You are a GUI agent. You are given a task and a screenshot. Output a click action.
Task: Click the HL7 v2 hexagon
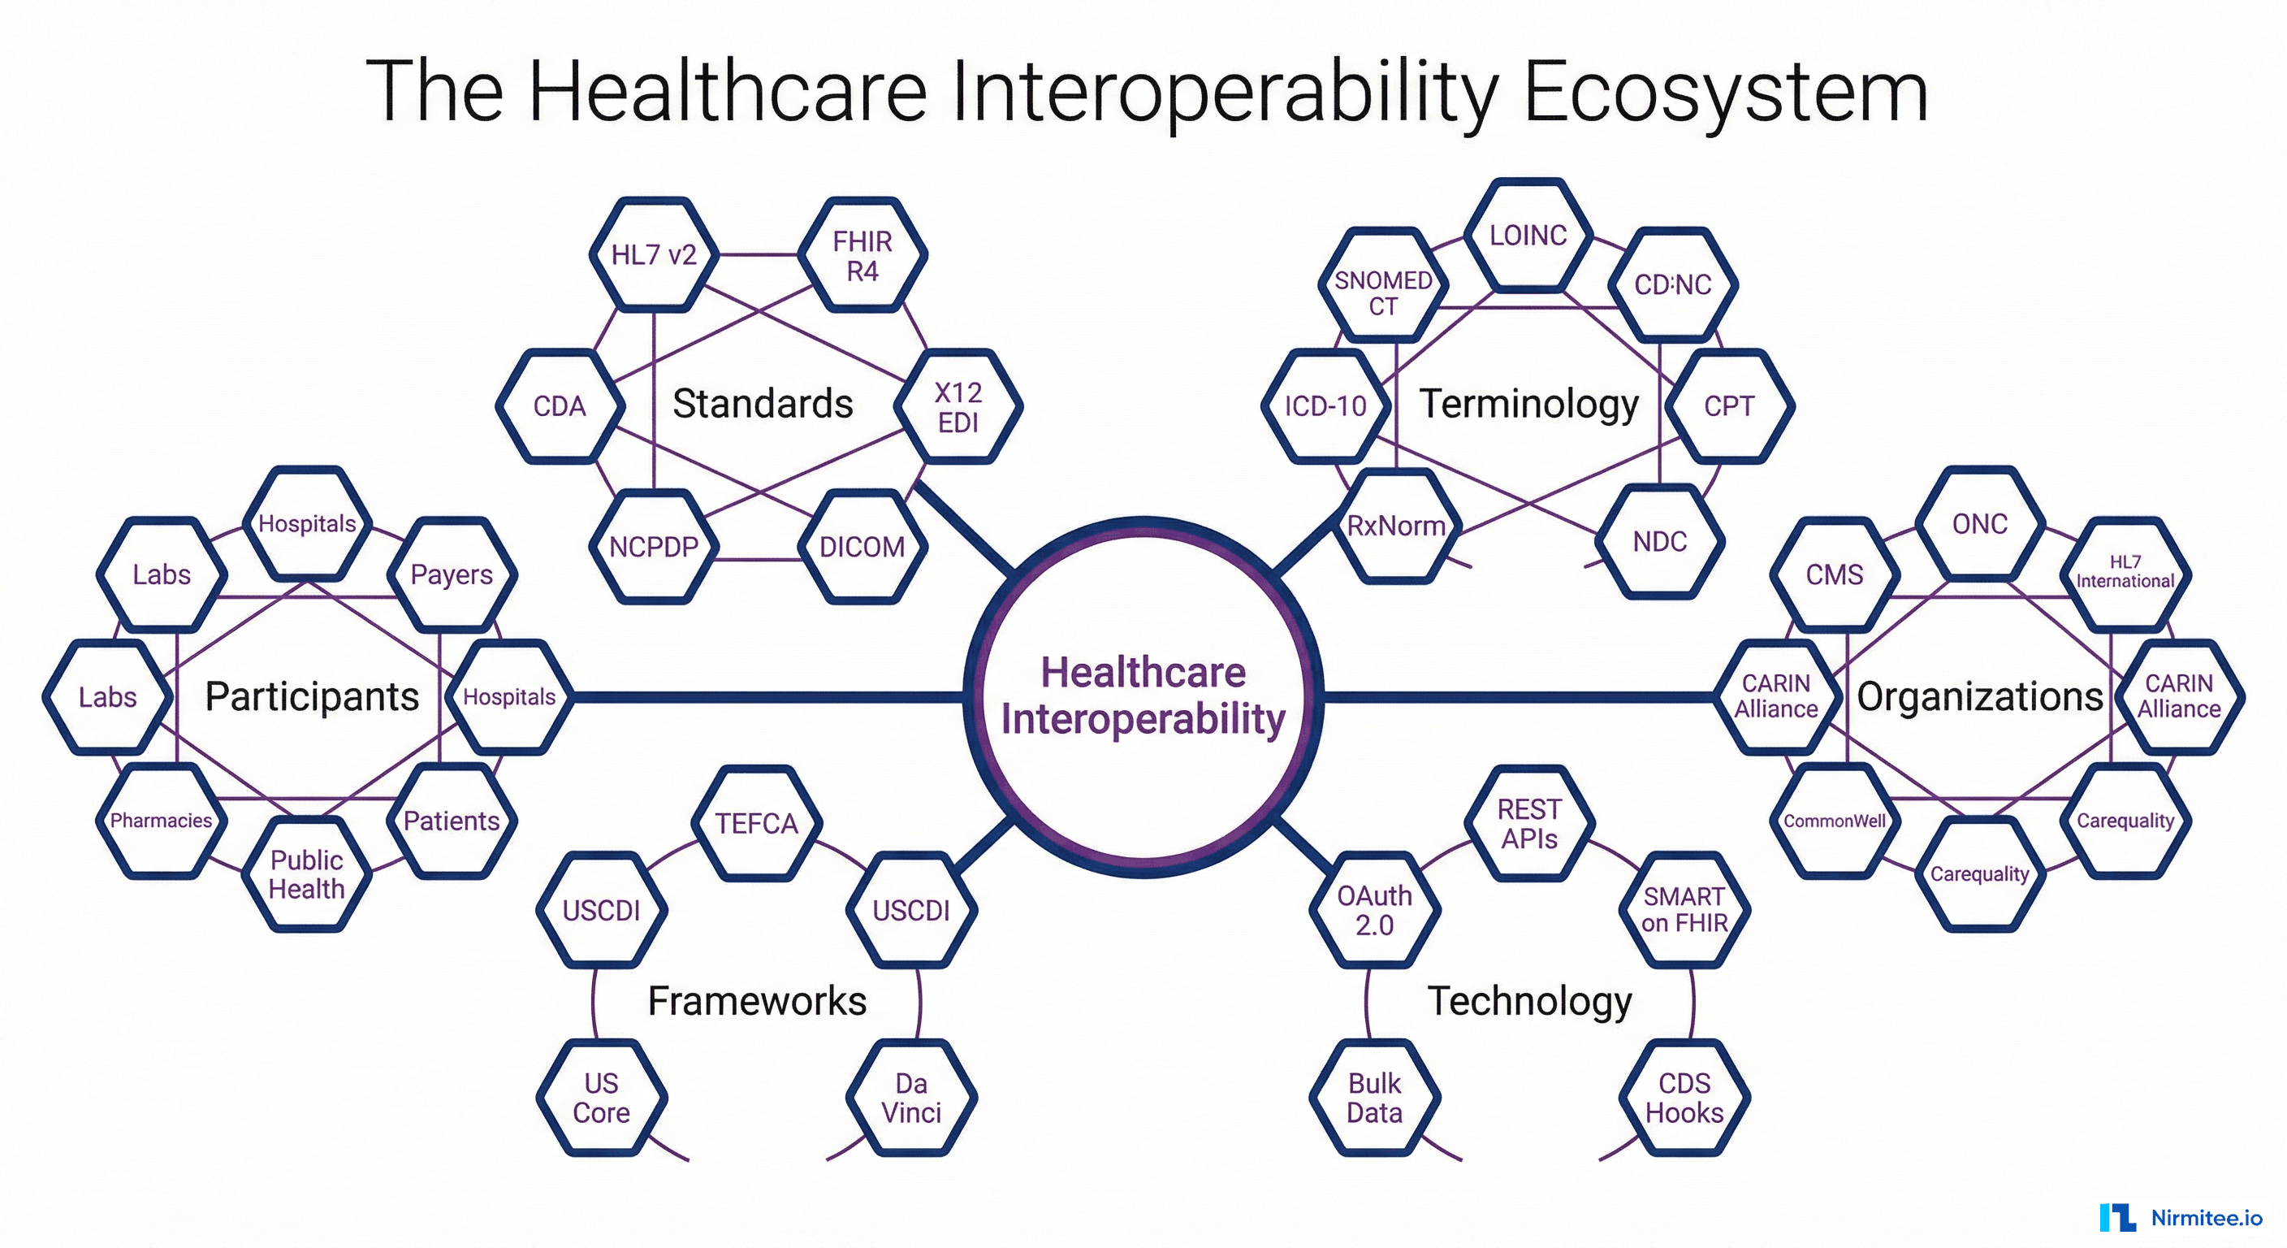(x=655, y=255)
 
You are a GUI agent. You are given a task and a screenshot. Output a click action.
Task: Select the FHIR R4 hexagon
(x=862, y=255)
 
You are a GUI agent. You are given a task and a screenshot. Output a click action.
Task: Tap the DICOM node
(x=861, y=546)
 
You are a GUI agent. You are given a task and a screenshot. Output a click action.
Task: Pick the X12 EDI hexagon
(x=958, y=407)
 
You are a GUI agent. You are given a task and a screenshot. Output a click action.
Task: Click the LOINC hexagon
(x=1527, y=236)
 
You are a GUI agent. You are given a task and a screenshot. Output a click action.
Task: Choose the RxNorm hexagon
(x=1395, y=526)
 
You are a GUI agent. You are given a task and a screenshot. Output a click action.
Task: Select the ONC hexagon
(x=1979, y=524)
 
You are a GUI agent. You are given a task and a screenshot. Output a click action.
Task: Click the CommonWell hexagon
(x=1834, y=821)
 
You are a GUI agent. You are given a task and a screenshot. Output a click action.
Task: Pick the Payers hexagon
(x=451, y=574)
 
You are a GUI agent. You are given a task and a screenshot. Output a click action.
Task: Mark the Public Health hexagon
(x=306, y=874)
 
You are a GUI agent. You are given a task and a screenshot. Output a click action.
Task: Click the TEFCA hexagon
(x=756, y=823)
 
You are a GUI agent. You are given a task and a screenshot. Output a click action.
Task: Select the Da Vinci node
(x=911, y=1098)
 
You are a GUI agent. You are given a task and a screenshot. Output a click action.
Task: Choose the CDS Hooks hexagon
(x=1684, y=1098)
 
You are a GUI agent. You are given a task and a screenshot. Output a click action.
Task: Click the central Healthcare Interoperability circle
(x=1143, y=696)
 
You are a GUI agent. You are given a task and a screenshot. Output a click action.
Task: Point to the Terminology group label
(x=1528, y=404)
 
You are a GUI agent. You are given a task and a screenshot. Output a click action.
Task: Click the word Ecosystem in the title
(x=1725, y=91)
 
